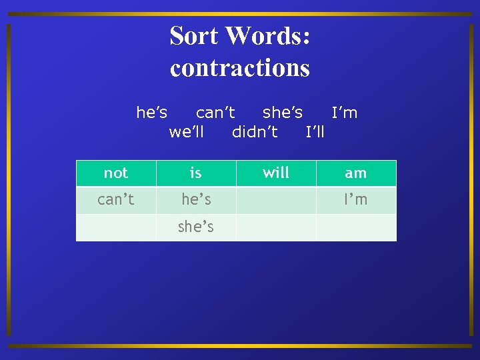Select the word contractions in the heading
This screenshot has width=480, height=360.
pyautogui.click(x=240, y=68)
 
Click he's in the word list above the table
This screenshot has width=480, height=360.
pyautogui.click(x=152, y=113)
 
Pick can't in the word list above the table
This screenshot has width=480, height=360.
pyautogui.click(x=215, y=113)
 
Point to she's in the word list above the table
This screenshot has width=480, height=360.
pyautogui.click(x=283, y=113)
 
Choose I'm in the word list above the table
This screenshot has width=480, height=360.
pyautogui.click(x=345, y=113)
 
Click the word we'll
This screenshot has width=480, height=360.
pyautogui.click(x=187, y=131)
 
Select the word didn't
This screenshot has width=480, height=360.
pyautogui.click(x=255, y=131)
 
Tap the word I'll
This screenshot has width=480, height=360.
pyautogui.click(x=315, y=131)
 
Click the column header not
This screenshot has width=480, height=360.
pyautogui.click(x=116, y=173)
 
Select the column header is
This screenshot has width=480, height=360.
pyautogui.click(x=196, y=173)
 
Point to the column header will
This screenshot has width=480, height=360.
pyautogui.click(x=276, y=173)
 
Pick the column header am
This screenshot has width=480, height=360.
pyautogui.click(x=356, y=173)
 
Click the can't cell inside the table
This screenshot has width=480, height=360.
pyautogui.click(x=116, y=199)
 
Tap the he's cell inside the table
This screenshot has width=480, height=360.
pyautogui.click(x=196, y=199)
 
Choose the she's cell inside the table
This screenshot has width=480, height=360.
pyautogui.click(x=196, y=227)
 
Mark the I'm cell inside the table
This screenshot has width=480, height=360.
pyautogui.click(x=356, y=199)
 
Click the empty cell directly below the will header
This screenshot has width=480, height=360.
pyautogui.click(x=276, y=200)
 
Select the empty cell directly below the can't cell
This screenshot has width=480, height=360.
pyautogui.click(x=116, y=227)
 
